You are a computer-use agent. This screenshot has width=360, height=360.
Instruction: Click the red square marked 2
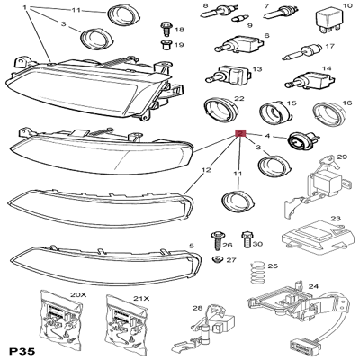click(240, 134)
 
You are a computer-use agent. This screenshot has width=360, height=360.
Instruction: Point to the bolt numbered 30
click(246, 239)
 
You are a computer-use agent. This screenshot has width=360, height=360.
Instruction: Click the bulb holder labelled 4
click(298, 141)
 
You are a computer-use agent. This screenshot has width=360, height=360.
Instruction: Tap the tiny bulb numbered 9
click(238, 16)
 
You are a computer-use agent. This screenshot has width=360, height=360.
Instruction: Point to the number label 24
click(337, 289)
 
